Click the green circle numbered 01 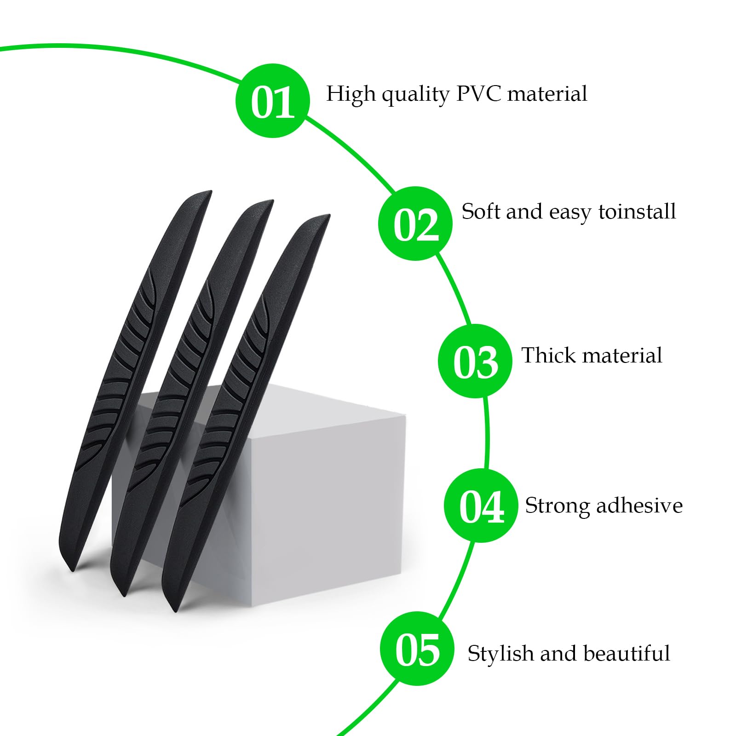[x=273, y=101]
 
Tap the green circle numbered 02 [x=415, y=224]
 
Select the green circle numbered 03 [x=475, y=361]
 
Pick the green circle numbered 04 [x=481, y=506]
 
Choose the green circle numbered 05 [x=417, y=649]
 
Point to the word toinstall [x=637, y=212]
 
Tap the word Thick [x=547, y=356]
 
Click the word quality [x=415, y=95]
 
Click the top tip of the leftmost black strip [x=207, y=193]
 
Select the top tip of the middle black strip [x=269, y=202]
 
